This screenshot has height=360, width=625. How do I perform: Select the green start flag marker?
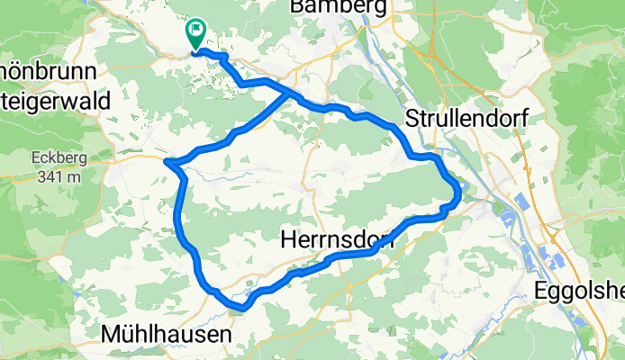pos(195,33)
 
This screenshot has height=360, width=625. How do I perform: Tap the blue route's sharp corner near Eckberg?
pos(168,161)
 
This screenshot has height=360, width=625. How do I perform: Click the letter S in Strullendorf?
pos(413,119)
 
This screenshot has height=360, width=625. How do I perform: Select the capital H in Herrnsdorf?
pos(288,239)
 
